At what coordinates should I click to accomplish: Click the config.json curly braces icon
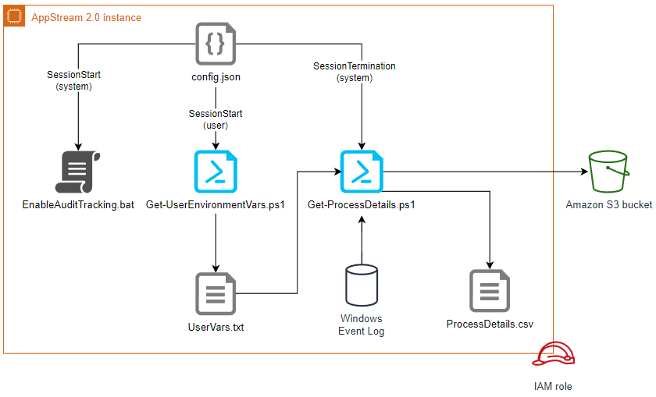215,44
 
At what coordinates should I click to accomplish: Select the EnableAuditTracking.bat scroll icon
78,172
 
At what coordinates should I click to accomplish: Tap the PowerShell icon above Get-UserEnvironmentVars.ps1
215,171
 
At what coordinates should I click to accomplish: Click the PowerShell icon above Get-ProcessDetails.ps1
361,171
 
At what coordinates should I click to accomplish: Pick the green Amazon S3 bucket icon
608,171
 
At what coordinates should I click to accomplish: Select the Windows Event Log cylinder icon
361,285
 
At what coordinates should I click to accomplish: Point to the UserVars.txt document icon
215,293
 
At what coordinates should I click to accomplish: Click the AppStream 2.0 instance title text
86,17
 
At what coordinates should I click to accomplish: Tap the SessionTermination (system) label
354,72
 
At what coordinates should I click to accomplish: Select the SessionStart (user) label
215,119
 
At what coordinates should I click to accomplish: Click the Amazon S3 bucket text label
608,205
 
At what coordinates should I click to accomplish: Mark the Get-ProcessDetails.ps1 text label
361,205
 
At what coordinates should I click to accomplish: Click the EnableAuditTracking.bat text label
78,205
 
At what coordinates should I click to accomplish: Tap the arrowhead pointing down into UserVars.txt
215,265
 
